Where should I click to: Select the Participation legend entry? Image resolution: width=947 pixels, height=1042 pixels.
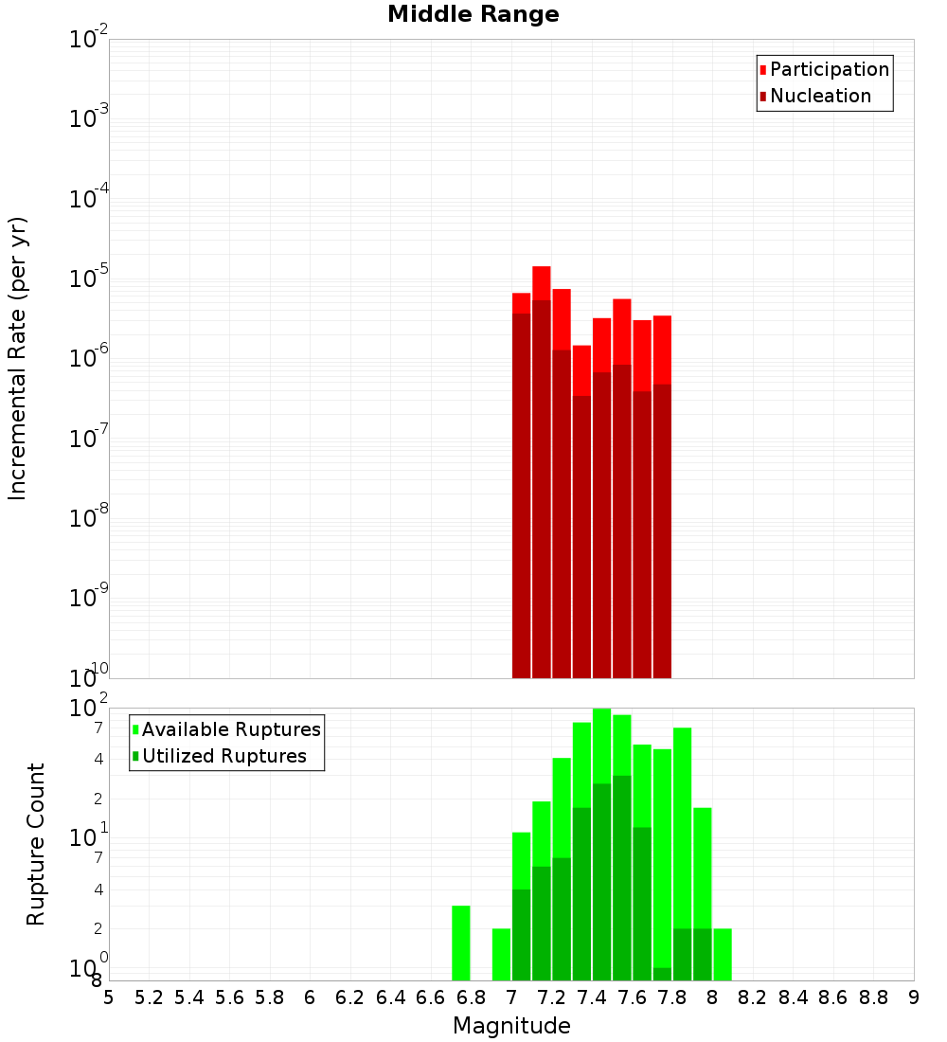[829, 69]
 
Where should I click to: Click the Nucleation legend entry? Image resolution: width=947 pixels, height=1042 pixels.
[819, 96]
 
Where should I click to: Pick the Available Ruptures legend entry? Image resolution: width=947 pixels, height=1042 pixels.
[230, 729]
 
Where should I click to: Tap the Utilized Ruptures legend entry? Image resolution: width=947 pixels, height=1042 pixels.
[223, 756]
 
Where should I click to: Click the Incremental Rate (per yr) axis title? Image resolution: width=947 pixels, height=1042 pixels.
[18, 358]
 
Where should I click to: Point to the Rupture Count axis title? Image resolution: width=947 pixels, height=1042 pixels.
[36, 844]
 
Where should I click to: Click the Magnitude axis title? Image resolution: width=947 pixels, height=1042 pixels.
[511, 1026]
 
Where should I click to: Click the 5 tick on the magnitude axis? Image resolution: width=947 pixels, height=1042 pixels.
[109, 997]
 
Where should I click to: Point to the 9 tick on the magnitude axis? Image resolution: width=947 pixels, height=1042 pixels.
[914, 997]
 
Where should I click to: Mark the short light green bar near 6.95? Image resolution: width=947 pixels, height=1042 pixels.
[501, 954]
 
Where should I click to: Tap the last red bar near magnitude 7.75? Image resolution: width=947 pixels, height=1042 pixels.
[662, 350]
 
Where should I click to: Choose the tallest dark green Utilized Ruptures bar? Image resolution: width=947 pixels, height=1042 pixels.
[621, 876]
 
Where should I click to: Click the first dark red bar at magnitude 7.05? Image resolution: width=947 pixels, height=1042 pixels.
[521, 493]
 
